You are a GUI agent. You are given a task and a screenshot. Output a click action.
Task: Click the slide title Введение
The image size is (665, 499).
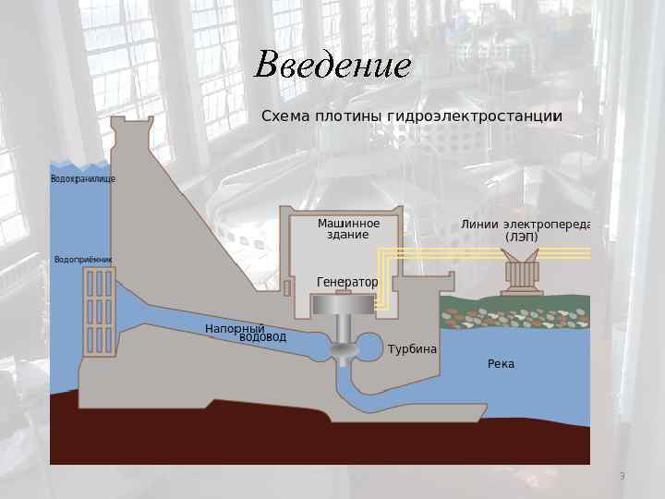point(332,66)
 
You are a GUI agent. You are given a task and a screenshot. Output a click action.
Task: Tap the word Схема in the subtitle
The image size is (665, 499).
point(285,116)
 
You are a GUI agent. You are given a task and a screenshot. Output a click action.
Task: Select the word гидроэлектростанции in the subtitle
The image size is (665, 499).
point(475,117)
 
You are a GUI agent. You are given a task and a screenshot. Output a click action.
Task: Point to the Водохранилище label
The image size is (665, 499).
point(82,178)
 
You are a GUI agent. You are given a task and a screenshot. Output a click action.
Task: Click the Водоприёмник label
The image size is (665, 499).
point(83,260)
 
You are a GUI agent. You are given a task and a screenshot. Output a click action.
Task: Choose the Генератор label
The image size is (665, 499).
point(347,281)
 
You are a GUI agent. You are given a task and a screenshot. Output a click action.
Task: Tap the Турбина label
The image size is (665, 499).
point(412,350)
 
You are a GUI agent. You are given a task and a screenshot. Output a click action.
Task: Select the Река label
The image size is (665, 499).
point(501,364)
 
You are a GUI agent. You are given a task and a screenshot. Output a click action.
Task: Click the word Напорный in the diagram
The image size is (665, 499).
point(235,329)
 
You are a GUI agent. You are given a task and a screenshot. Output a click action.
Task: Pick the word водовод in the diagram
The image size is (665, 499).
point(262,337)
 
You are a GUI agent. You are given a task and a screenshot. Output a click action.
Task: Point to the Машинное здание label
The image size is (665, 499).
point(348,228)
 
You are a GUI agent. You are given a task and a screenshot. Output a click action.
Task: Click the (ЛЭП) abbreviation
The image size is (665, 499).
point(521,237)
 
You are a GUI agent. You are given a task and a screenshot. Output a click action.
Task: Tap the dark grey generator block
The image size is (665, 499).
point(345,305)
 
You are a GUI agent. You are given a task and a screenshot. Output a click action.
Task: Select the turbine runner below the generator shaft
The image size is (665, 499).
point(344,351)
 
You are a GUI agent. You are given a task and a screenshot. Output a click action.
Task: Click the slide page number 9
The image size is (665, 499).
point(622,476)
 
